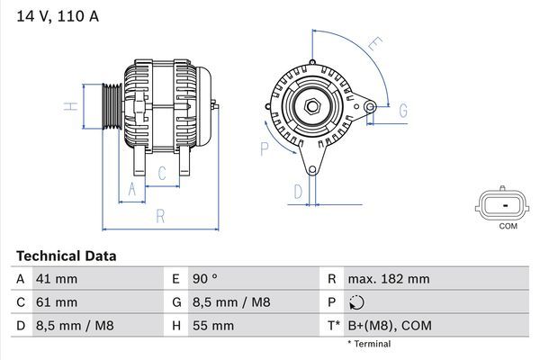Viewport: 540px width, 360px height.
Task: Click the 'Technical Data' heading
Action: (x=66, y=256)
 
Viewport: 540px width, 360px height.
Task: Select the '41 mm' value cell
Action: (x=56, y=279)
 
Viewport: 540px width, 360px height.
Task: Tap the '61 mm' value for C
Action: (x=56, y=301)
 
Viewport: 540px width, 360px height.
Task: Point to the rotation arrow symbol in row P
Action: (x=358, y=302)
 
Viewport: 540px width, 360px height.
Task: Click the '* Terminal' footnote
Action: (x=368, y=344)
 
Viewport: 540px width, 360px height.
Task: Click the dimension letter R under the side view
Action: (x=159, y=216)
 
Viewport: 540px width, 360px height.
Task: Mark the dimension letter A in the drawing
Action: (x=132, y=188)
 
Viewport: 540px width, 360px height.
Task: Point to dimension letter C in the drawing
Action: (x=163, y=173)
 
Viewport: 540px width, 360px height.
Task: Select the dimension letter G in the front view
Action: (x=403, y=110)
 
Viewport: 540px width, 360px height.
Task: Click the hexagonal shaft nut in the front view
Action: (x=313, y=107)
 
